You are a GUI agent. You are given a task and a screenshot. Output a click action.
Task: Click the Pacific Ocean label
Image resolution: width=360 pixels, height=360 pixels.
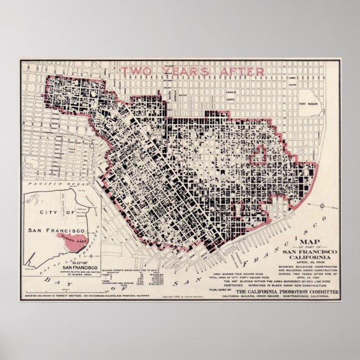(49, 184)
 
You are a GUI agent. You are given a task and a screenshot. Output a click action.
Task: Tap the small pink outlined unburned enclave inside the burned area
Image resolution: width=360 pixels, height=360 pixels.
(258, 159)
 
